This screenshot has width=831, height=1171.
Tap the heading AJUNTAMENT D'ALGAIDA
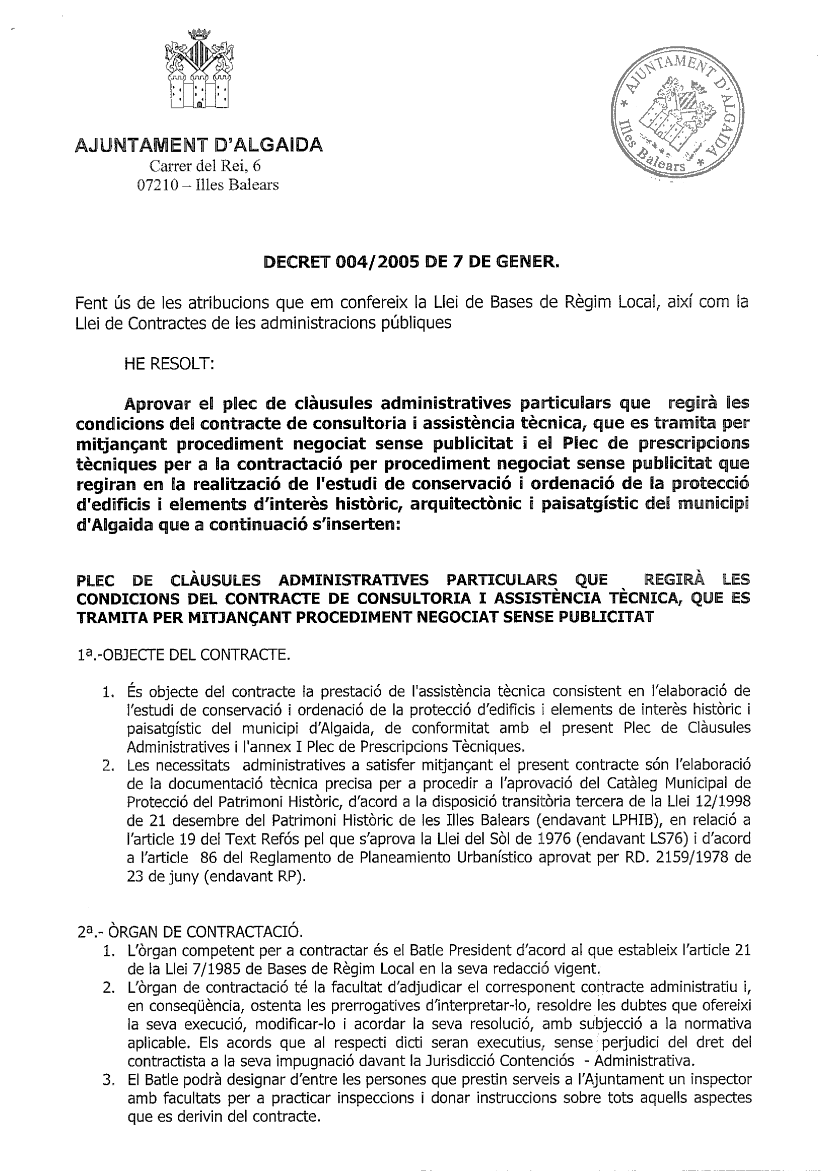pyautogui.click(x=199, y=145)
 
